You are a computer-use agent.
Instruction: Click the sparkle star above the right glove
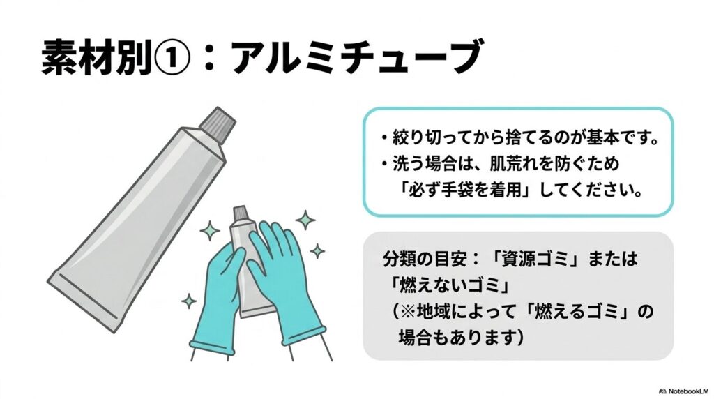tap(304, 220)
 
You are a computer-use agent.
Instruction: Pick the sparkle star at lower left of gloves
tap(188, 301)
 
